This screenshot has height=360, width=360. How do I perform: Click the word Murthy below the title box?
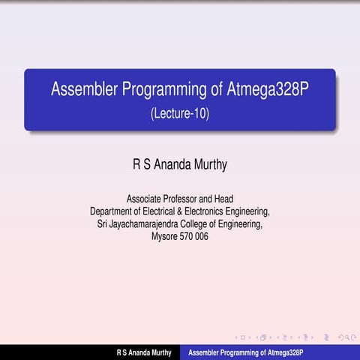click(208, 163)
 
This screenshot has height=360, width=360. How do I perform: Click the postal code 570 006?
click(196, 236)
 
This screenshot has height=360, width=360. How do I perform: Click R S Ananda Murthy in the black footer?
click(143, 352)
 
